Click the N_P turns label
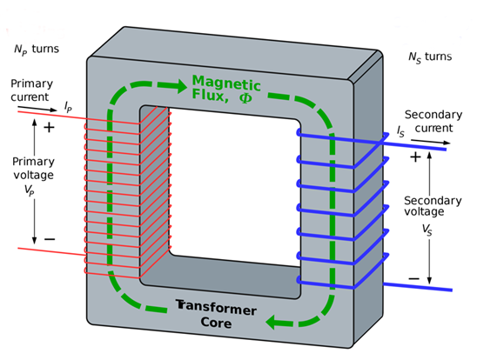tap(37, 50)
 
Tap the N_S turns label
tap(430, 57)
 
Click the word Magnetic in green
tap(226, 83)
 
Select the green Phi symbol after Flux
tap(245, 97)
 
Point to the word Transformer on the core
tap(216, 309)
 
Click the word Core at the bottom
tap(216, 323)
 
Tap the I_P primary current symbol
tap(68, 107)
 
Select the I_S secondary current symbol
tap(400, 131)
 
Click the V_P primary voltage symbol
tap(30, 190)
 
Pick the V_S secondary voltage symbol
tap(427, 230)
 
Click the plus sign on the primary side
tap(49, 128)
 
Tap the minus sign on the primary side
tap(50, 239)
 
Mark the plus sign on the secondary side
tap(415, 157)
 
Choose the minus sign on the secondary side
tap(413, 278)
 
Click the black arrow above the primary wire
tap(37, 109)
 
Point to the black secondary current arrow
tap(431, 142)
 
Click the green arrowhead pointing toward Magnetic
tap(181, 86)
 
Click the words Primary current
tap(31, 90)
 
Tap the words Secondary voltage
tap(433, 206)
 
